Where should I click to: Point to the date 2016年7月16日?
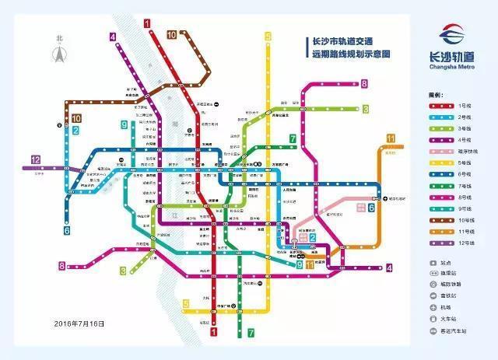[79, 323]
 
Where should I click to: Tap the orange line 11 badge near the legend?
[391, 138]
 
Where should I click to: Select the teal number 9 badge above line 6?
[124, 124]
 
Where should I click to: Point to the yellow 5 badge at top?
[268, 37]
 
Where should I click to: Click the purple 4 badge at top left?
[114, 36]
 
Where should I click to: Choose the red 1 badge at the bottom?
[213, 332]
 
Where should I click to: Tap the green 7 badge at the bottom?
[251, 332]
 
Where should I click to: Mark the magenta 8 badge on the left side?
[61, 266]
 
